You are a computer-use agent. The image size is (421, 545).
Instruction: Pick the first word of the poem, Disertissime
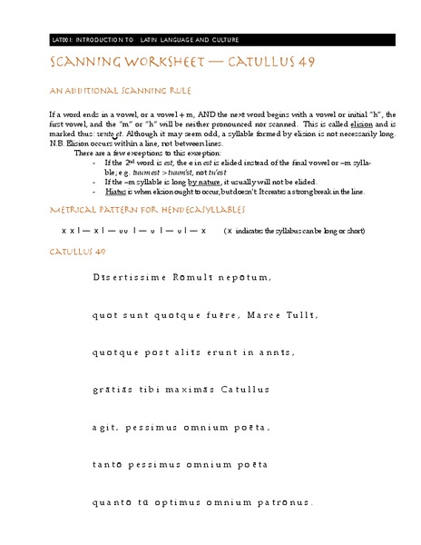click(128, 276)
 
